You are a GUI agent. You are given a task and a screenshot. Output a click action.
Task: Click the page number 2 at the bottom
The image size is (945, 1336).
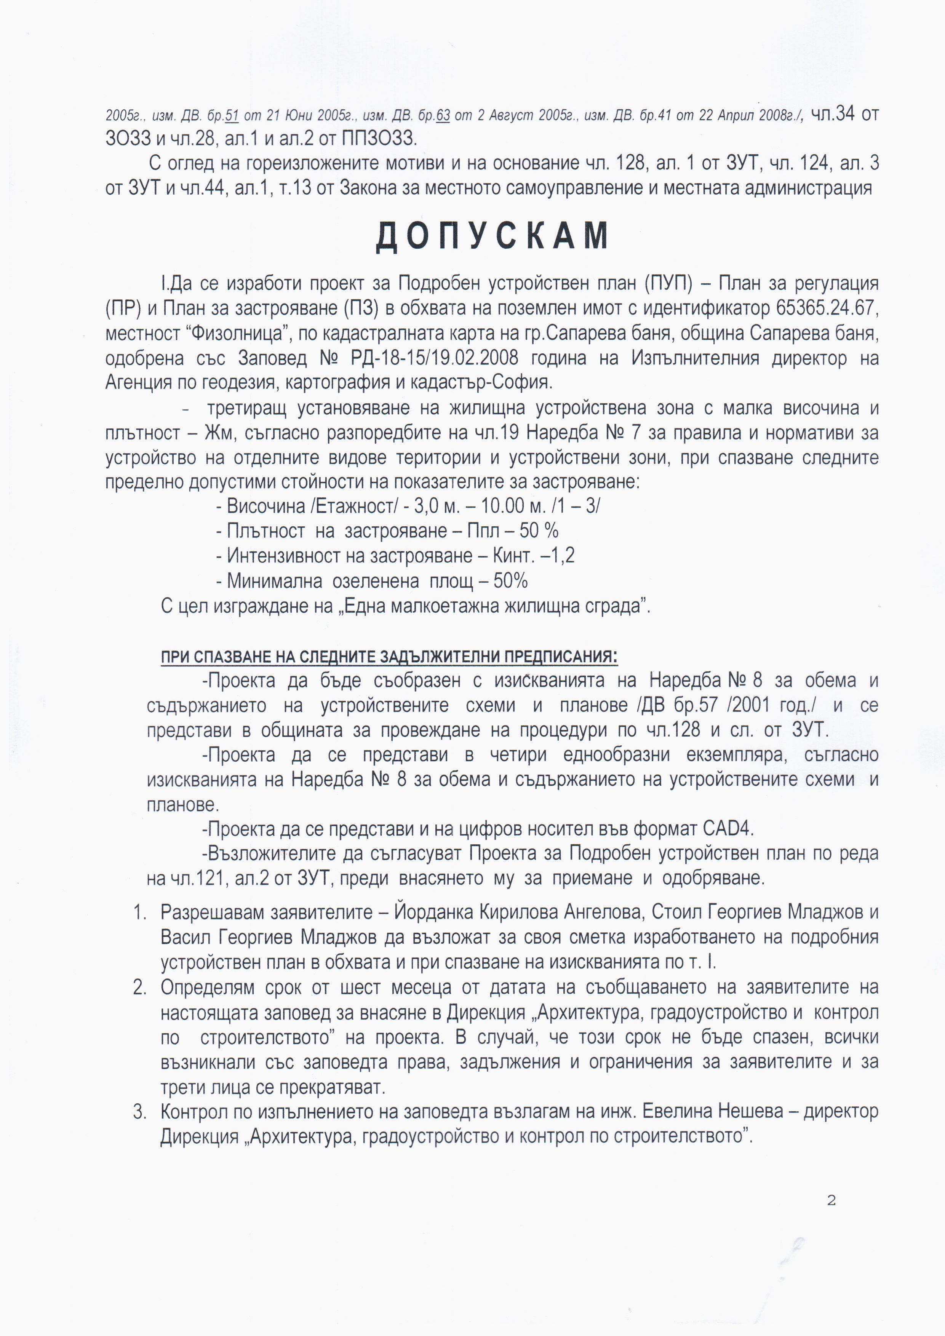[x=831, y=1200]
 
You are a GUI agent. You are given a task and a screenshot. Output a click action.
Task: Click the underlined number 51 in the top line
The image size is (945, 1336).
[x=232, y=116]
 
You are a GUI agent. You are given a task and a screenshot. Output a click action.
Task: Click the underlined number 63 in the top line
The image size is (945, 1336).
[x=443, y=116]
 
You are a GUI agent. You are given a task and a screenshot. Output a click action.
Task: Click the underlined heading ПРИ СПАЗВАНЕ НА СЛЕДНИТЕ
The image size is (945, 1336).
[x=389, y=657]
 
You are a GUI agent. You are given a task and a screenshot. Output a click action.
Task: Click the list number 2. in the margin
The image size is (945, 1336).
[x=140, y=988]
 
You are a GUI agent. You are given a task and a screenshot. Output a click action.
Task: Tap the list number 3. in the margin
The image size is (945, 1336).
[x=140, y=1112]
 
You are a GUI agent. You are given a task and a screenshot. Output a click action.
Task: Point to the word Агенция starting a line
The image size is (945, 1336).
[x=138, y=382]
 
